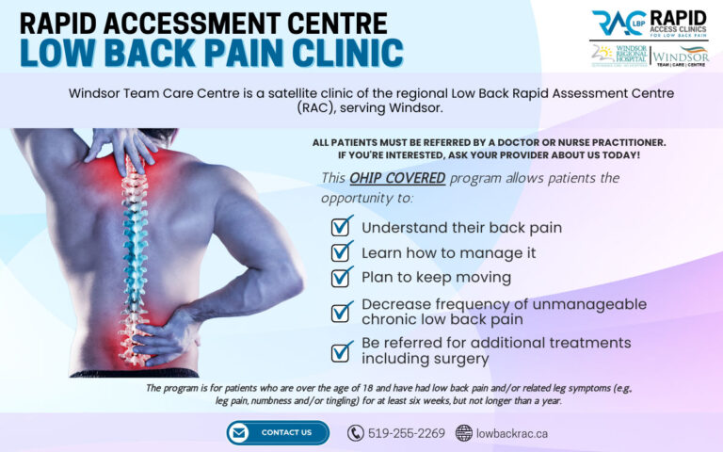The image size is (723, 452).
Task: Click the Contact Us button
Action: [x=278, y=432]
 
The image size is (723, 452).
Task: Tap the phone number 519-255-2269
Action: [x=407, y=433]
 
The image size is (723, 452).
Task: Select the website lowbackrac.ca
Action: [x=511, y=433]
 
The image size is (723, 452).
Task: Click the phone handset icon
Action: [x=355, y=433]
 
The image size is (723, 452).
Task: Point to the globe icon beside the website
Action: [x=463, y=433]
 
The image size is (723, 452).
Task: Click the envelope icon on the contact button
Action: [x=240, y=432]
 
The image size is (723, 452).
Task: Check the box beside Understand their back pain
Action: [x=342, y=226]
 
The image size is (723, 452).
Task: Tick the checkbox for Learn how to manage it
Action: [x=342, y=251]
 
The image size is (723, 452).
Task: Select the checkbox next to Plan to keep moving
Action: [x=342, y=276]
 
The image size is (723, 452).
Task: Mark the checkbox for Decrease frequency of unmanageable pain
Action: [x=342, y=312]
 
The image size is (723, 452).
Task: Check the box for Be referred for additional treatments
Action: [x=342, y=350]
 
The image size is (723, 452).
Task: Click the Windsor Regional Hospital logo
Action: [x=617, y=55]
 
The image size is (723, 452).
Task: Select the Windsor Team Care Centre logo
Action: [x=680, y=55]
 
